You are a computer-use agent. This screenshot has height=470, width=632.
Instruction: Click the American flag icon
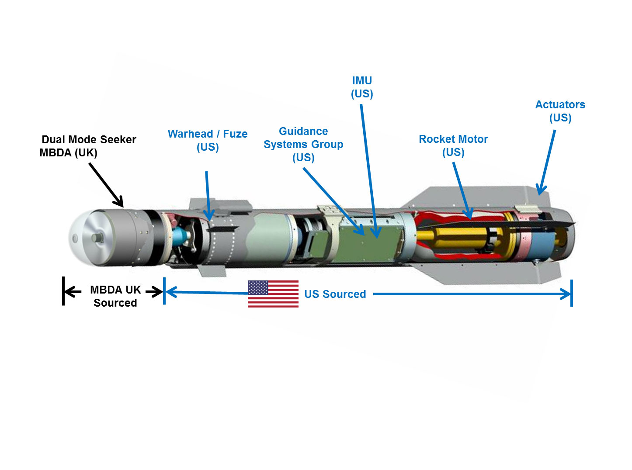273,294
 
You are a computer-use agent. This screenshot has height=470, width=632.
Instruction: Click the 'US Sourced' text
335,294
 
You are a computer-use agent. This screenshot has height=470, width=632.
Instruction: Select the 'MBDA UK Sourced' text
115,296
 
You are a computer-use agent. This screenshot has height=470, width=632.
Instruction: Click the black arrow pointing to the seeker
106,184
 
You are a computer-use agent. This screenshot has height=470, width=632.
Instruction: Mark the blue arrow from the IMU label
368,170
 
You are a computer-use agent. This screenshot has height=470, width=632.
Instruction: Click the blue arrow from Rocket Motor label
462,190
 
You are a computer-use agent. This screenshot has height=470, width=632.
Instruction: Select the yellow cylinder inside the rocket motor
455,238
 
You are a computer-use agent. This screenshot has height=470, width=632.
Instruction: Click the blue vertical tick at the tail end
571,294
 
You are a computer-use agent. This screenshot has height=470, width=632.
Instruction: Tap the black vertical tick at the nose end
63,291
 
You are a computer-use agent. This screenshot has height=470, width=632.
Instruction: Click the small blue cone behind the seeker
181,236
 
